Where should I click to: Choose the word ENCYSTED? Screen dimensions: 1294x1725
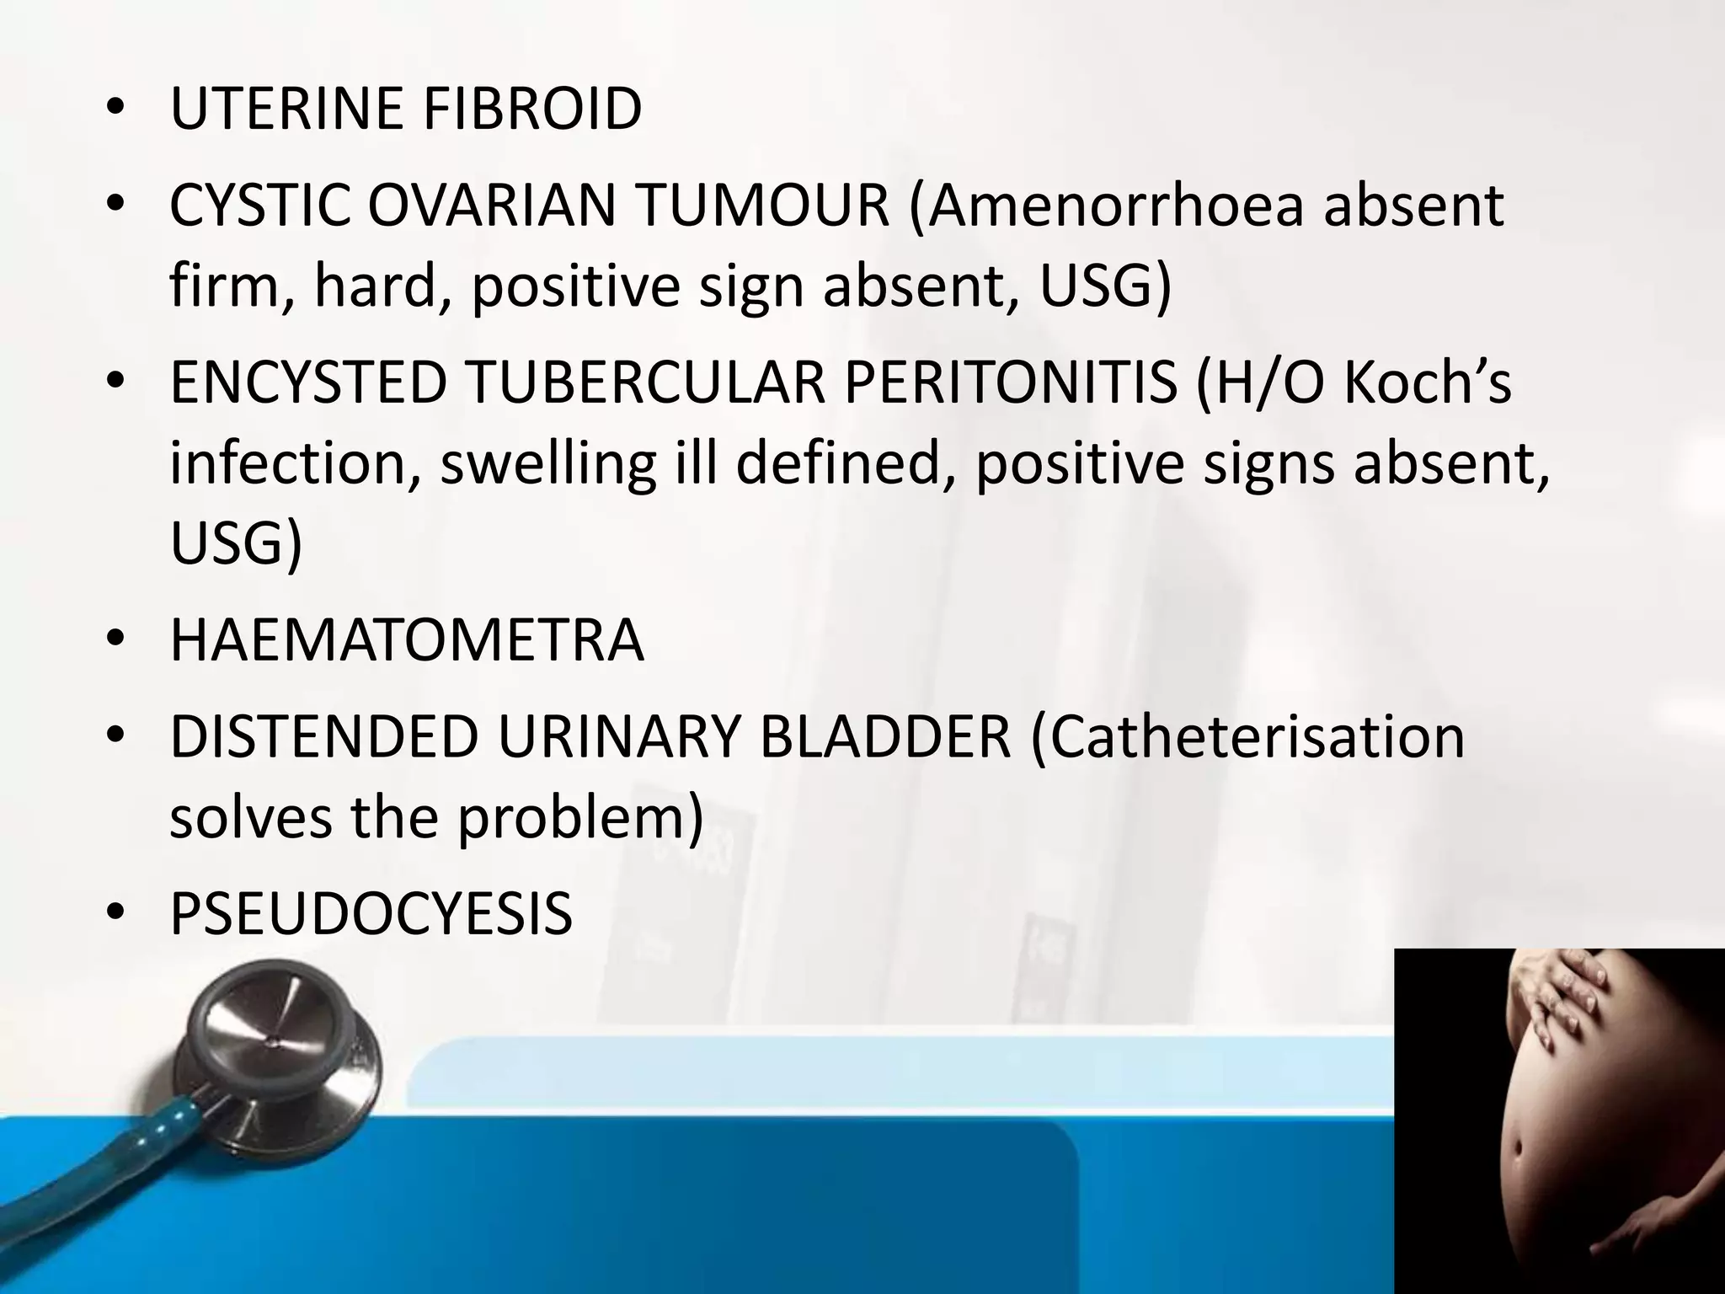(307, 382)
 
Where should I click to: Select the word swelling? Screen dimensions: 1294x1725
(547, 463)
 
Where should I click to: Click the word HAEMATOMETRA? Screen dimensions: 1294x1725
(407, 640)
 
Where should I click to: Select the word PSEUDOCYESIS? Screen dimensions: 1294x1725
(371, 913)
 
